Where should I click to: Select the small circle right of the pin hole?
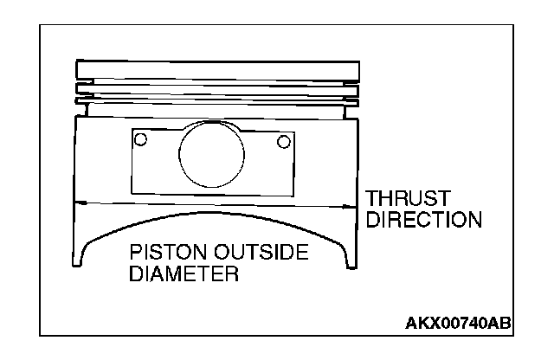(x=282, y=141)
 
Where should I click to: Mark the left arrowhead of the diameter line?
(x=80, y=202)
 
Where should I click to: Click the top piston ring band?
(x=216, y=68)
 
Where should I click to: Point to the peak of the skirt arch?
(x=216, y=213)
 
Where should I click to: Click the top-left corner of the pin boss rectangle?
(x=133, y=132)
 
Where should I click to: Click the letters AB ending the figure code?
(x=499, y=324)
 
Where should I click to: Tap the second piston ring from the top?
(x=216, y=88)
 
